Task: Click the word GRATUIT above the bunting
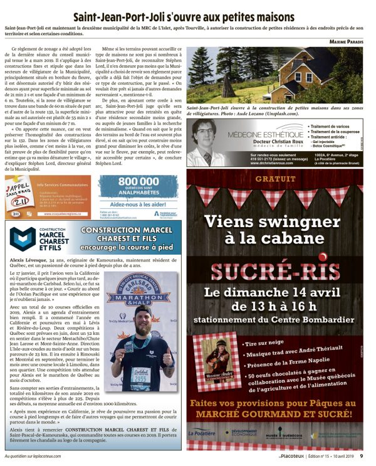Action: (274, 179)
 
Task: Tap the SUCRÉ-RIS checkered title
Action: (274, 270)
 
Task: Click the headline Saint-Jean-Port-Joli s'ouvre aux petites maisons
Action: (187, 18)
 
